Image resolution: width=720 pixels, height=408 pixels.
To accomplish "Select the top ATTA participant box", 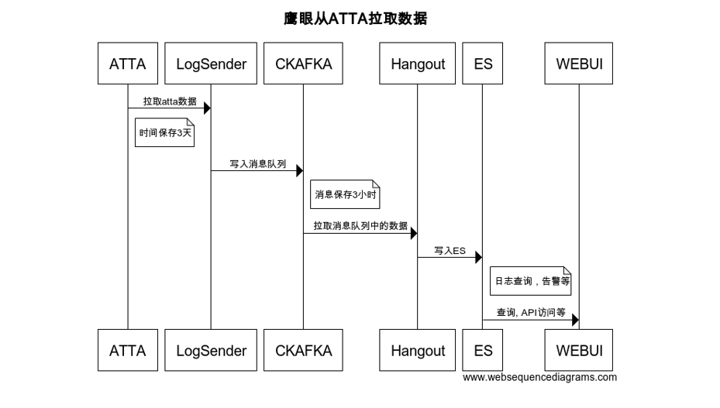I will pyautogui.click(x=128, y=63).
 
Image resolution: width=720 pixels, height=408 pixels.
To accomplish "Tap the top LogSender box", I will pyautogui.click(x=211, y=63).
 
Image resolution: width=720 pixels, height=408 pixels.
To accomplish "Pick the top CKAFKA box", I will pyautogui.click(x=303, y=63).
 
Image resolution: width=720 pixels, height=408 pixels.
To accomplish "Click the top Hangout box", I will pyautogui.click(x=418, y=63).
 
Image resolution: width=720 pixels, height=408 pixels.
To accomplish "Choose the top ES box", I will pyautogui.click(x=483, y=63).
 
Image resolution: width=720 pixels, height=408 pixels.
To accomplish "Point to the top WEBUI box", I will pyautogui.click(x=579, y=63).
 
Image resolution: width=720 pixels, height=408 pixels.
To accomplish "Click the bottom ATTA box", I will pyautogui.click(x=128, y=350).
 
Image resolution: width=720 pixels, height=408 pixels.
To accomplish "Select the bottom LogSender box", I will pyautogui.click(x=211, y=350).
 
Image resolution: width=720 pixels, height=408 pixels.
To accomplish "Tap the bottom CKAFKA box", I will pyautogui.click(x=303, y=350).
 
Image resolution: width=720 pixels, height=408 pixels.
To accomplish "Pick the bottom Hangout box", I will pyautogui.click(x=418, y=350).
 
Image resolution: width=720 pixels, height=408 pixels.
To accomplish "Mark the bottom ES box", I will pyautogui.click(x=483, y=350).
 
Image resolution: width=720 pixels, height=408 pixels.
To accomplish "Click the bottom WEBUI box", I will pyautogui.click(x=579, y=350).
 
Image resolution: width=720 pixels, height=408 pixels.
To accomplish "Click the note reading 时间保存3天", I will pyautogui.click(x=165, y=132).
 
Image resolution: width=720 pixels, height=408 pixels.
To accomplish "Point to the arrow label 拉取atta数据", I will pyautogui.click(x=169, y=101).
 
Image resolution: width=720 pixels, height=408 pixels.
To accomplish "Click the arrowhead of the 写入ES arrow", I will pyautogui.click(x=478, y=257).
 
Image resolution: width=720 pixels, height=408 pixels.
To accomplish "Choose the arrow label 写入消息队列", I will pyautogui.click(x=257, y=164).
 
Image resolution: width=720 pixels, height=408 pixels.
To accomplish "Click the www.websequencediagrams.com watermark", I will pyautogui.click(x=539, y=377).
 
